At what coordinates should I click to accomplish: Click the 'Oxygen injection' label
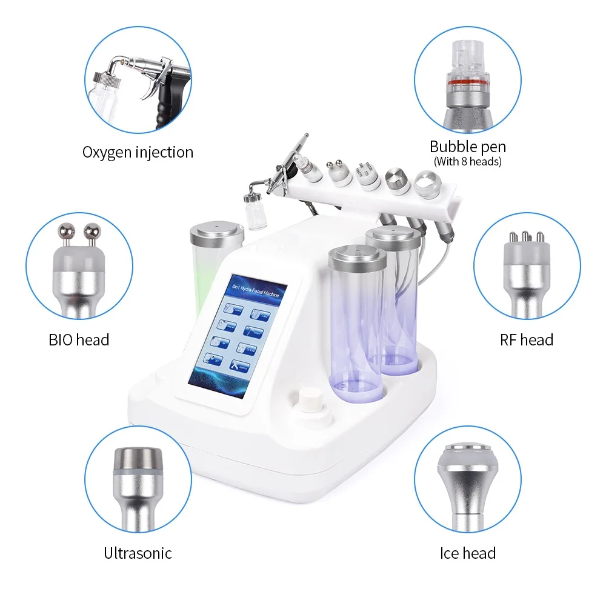click(x=138, y=151)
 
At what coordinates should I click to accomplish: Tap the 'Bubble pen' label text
click(x=467, y=146)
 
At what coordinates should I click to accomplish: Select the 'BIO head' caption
click(x=79, y=339)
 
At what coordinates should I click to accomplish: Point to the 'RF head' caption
click(x=527, y=339)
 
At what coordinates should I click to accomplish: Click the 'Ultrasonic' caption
click(x=138, y=553)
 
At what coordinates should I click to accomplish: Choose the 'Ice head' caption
click(x=467, y=553)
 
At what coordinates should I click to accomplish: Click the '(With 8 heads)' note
click(x=467, y=161)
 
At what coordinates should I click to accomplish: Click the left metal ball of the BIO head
click(x=65, y=231)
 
